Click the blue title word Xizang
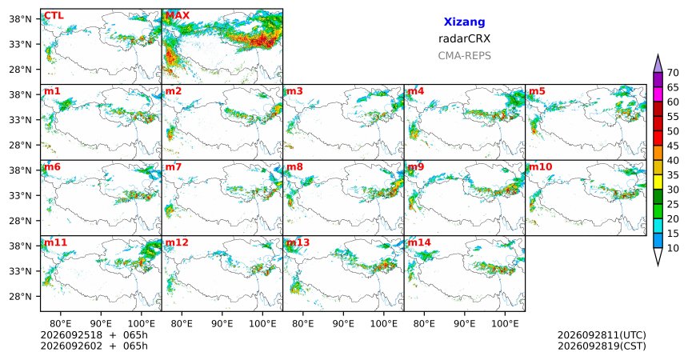(x=464, y=22)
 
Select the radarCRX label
(x=464, y=38)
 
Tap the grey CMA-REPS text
(x=464, y=56)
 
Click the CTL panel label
(x=54, y=16)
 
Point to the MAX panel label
(x=178, y=16)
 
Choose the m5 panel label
(x=537, y=91)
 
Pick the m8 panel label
(x=294, y=167)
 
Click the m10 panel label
(x=540, y=167)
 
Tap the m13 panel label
(x=298, y=242)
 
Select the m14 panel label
(x=419, y=242)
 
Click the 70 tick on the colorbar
(x=673, y=73)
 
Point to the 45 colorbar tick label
(x=673, y=146)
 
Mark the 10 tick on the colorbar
(x=673, y=249)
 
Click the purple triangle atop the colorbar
(x=658, y=64)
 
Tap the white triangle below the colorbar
(x=658, y=256)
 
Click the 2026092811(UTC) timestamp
(x=602, y=335)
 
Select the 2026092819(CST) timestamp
(x=602, y=346)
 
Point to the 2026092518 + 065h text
(x=94, y=335)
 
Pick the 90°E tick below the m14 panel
(x=464, y=324)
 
